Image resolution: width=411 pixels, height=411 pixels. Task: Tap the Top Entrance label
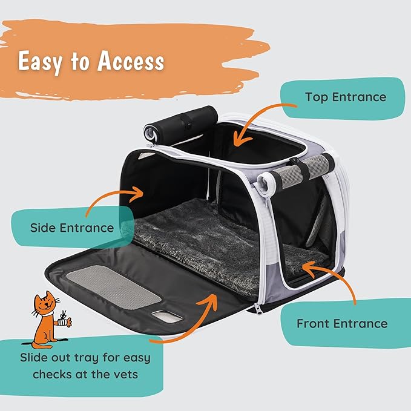point(345,97)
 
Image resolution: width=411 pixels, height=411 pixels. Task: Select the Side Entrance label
point(72,228)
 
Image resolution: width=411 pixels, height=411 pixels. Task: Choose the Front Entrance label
point(341,323)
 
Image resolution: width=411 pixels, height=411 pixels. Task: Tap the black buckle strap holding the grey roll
point(303,169)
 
